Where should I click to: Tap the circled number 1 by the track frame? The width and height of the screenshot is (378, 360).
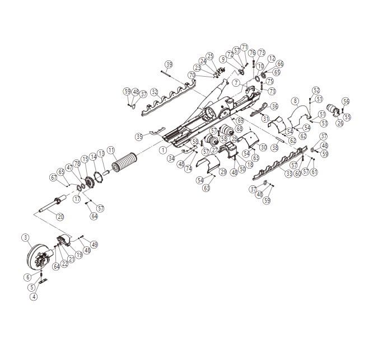pyautogui.click(x=163, y=150)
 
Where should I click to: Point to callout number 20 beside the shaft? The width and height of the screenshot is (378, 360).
pyautogui.click(x=60, y=217)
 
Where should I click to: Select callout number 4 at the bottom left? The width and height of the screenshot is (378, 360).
pyautogui.click(x=34, y=297)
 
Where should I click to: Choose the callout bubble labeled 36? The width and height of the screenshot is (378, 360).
pyautogui.click(x=274, y=106)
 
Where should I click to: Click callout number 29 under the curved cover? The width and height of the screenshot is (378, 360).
pyautogui.click(x=222, y=171)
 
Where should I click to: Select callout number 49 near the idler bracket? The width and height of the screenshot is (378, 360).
pyautogui.click(x=94, y=245)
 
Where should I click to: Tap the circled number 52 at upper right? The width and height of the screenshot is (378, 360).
pyautogui.click(x=316, y=90)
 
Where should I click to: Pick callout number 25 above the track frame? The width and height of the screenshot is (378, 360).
pyautogui.click(x=210, y=56)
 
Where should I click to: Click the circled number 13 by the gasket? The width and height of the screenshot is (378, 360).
pyautogui.click(x=101, y=153)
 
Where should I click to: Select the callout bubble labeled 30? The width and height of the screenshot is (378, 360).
pyautogui.click(x=263, y=147)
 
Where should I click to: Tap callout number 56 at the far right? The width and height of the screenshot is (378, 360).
pyautogui.click(x=346, y=101)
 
